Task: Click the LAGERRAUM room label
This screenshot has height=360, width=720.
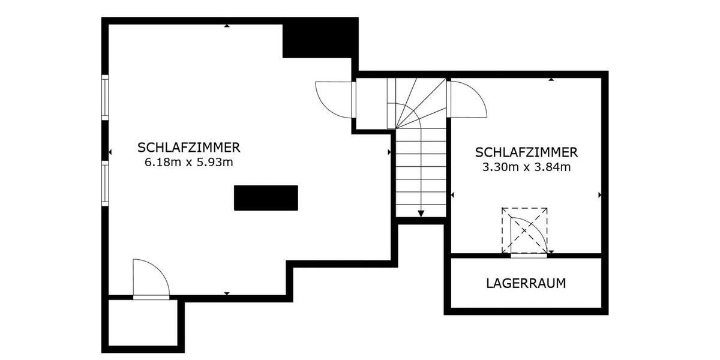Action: pos(526,283)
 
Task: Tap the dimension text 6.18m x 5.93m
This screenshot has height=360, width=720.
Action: pos(189,162)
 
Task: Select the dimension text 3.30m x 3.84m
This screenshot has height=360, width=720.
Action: pos(526,167)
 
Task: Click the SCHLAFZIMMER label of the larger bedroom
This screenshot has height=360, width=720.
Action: pos(189,148)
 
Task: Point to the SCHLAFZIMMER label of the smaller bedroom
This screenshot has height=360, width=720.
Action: pos(526,152)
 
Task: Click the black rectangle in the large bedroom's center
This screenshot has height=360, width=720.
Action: pos(266,198)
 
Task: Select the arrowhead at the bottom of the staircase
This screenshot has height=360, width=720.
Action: pos(421,213)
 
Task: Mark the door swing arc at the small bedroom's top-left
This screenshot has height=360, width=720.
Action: pos(468,99)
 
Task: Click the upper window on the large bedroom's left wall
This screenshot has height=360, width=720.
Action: pos(105,97)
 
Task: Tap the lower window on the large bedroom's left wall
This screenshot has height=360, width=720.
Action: pos(105,184)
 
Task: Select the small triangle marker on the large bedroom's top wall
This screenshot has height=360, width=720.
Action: pos(227,26)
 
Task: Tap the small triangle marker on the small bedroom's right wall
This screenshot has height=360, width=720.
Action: pos(599,195)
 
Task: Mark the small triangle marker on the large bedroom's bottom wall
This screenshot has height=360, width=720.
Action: pos(227,293)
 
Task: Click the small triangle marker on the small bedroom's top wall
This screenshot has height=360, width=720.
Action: pos(551,79)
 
